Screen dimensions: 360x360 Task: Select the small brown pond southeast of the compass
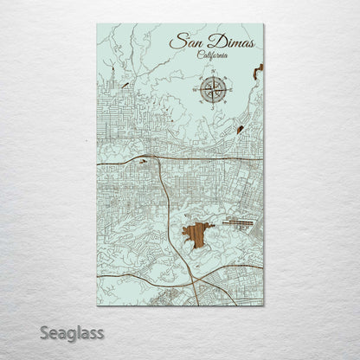pyautogui.click(x=238, y=130)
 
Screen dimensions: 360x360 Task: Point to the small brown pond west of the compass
pyautogui.click(x=126, y=85)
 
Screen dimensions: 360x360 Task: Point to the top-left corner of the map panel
pyautogui.click(x=94, y=24)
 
